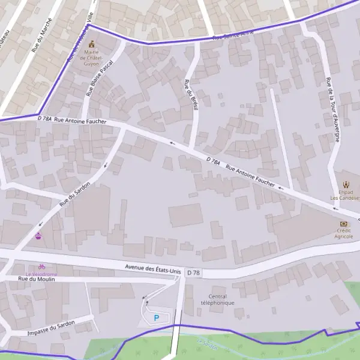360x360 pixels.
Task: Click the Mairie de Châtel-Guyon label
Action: click(92, 58)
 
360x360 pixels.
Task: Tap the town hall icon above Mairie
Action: click(92, 44)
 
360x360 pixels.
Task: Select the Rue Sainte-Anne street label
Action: click(234, 34)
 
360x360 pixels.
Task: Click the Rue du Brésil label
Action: click(191, 94)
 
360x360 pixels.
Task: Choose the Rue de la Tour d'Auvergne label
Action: click(333, 110)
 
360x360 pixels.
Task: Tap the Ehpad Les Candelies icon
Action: click(346, 185)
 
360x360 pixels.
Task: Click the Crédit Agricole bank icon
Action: click(344, 223)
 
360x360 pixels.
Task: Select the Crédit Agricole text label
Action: click(344, 233)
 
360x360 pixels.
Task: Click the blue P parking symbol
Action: click(157, 318)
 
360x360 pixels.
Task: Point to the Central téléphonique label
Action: click(217, 299)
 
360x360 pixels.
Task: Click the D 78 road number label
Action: click(193, 273)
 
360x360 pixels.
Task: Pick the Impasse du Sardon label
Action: click(51, 328)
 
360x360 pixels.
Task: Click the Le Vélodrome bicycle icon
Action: click(41, 266)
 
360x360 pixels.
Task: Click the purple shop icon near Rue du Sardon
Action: click(39, 235)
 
